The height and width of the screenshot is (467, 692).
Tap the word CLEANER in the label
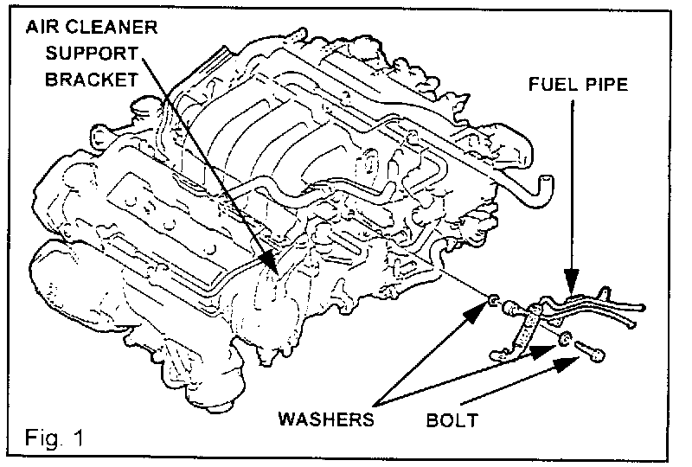[117, 26]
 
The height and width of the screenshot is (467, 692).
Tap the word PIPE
[607, 87]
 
